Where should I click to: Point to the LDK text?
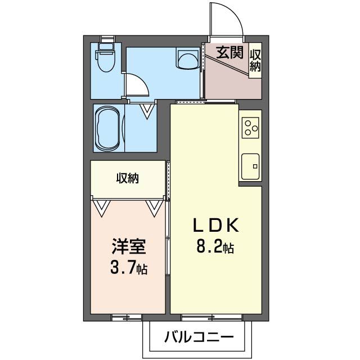pyautogui.click(x=217, y=226)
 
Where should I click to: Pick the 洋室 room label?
pyautogui.click(x=128, y=246)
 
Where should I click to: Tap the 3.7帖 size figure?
pyautogui.click(x=128, y=267)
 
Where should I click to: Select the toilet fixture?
pyautogui.click(x=105, y=60)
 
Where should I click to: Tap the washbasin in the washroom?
pyautogui.click(x=187, y=57)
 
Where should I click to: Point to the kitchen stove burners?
pyautogui.click(x=250, y=128)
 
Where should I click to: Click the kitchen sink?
pyautogui.click(x=250, y=166)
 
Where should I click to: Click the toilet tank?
pyautogui.click(x=105, y=45)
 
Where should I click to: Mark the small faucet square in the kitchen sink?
pyautogui.click(x=254, y=166)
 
